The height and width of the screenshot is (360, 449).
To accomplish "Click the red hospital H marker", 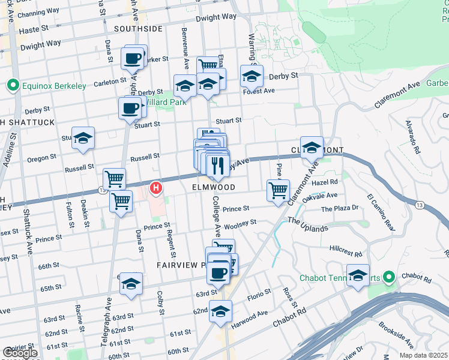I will pos(156,189).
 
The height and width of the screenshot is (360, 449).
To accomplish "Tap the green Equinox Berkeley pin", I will pos(12,85).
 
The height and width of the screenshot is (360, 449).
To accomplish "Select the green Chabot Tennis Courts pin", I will pos(388,277).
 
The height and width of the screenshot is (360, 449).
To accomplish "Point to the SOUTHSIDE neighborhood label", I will pos(138,29).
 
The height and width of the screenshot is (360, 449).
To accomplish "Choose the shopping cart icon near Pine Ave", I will pos(278,191).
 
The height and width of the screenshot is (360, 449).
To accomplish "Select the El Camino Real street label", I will pos(381,212).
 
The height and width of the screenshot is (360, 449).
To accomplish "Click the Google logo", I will pos(20,353).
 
